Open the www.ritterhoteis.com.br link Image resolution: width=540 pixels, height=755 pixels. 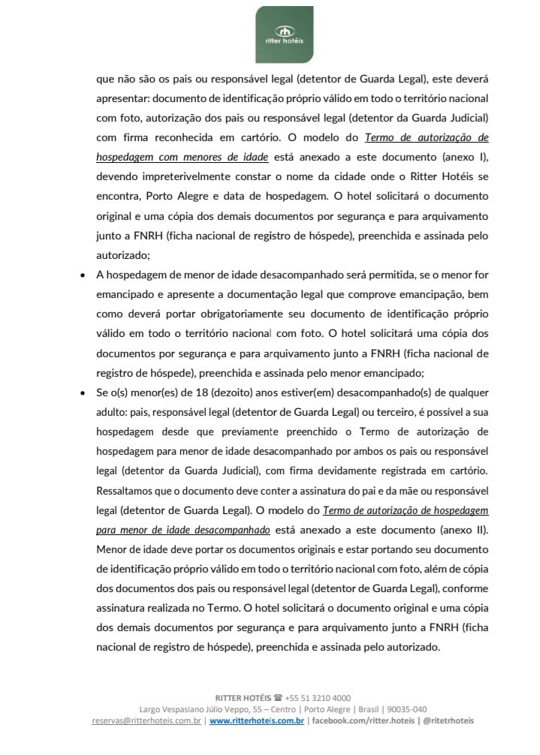pyautogui.click(x=256, y=720)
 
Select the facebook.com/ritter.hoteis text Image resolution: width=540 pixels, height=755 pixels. pyautogui.click(x=363, y=720)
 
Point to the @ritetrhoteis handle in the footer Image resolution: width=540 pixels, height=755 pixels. pyautogui.click(x=448, y=720)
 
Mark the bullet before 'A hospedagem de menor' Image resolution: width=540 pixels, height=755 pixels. pyautogui.click(x=82, y=275)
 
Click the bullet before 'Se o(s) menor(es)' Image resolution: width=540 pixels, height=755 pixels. pyautogui.click(x=82, y=392)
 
